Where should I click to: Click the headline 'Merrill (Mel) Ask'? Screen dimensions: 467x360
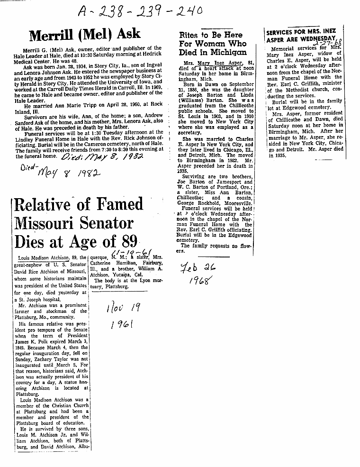tap(85, 34)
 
